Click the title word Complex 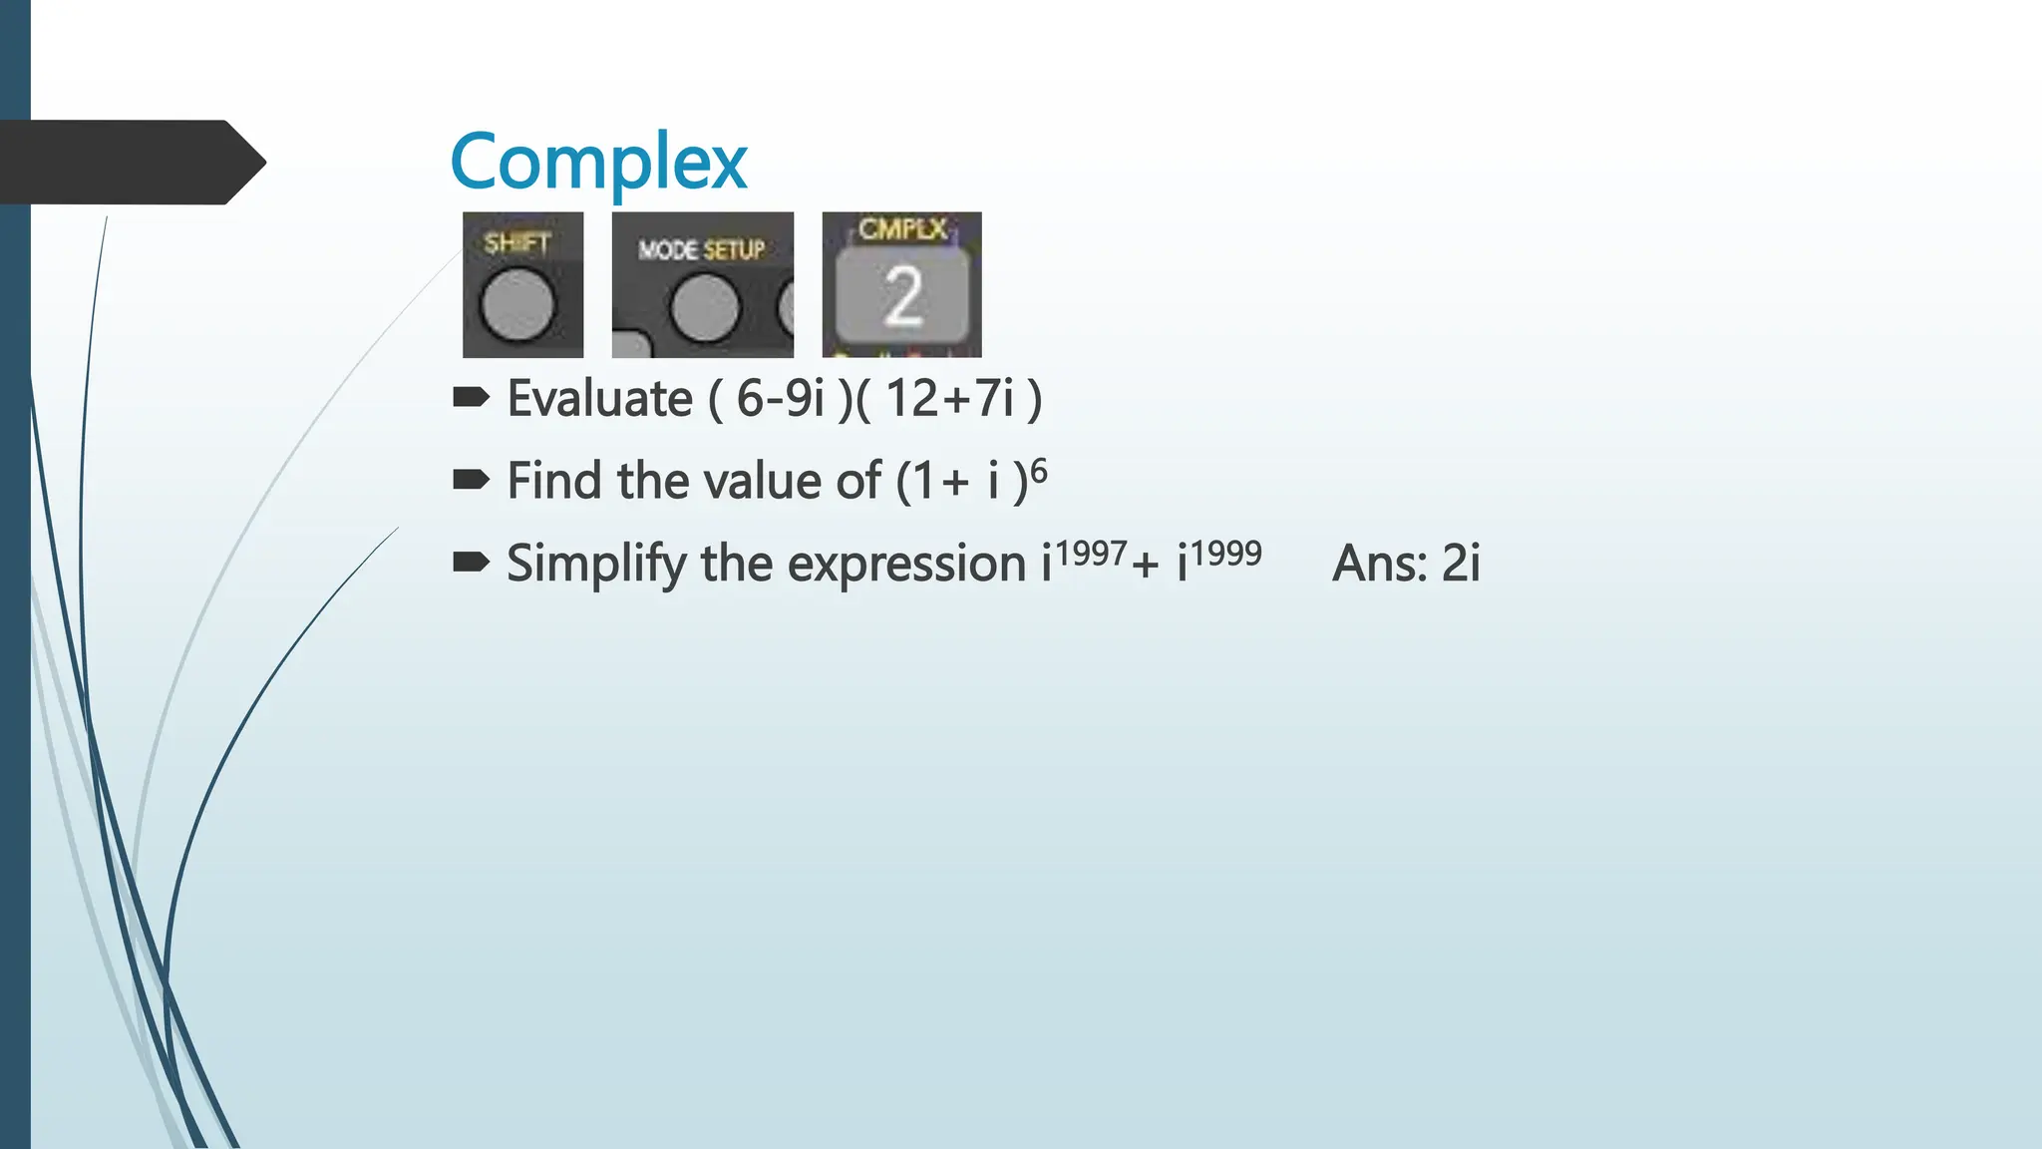click(598, 163)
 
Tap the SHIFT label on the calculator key click(516, 242)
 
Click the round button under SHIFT click(517, 304)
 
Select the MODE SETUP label click(701, 249)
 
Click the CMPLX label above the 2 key click(902, 229)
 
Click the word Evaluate click(599, 399)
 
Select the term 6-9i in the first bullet click(781, 399)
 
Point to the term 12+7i click(949, 399)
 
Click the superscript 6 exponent click(1038, 470)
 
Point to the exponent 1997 click(1091, 553)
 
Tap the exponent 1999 click(1225, 553)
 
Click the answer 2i click(1461, 564)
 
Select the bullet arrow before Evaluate click(471, 399)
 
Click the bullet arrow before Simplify click(471, 564)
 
